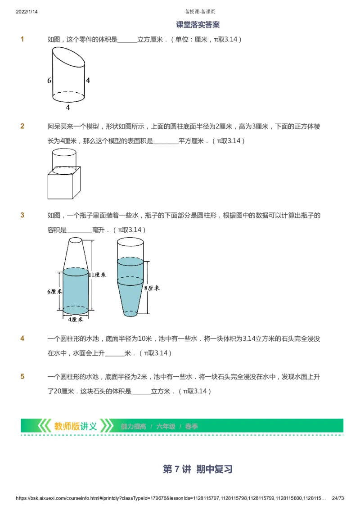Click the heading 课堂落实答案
click(x=198, y=25)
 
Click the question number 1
click(x=22, y=40)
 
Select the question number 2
click(x=22, y=126)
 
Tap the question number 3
click(x=22, y=215)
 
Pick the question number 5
click(x=22, y=377)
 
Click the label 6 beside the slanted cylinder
click(x=49, y=81)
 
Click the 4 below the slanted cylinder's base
click(x=68, y=108)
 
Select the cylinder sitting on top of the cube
click(x=64, y=159)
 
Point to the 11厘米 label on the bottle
click(x=97, y=275)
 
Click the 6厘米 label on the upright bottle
click(x=54, y=291)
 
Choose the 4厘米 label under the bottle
click(x=75, y=319)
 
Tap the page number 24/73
click(x=337, y=498)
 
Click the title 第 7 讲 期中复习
click(x=198, y=469)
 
